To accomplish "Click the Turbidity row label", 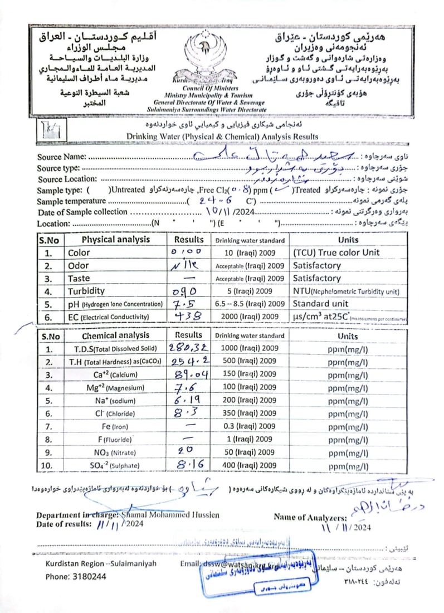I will coord(86,291).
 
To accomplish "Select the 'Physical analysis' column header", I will coord(116,240).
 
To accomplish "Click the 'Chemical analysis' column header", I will coord(116,335).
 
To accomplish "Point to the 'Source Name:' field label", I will coord(62,157).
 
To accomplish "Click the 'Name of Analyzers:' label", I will coord(310,517).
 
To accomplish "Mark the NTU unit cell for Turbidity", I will coord(346,291).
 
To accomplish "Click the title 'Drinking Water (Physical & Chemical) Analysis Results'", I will coord(222,137).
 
